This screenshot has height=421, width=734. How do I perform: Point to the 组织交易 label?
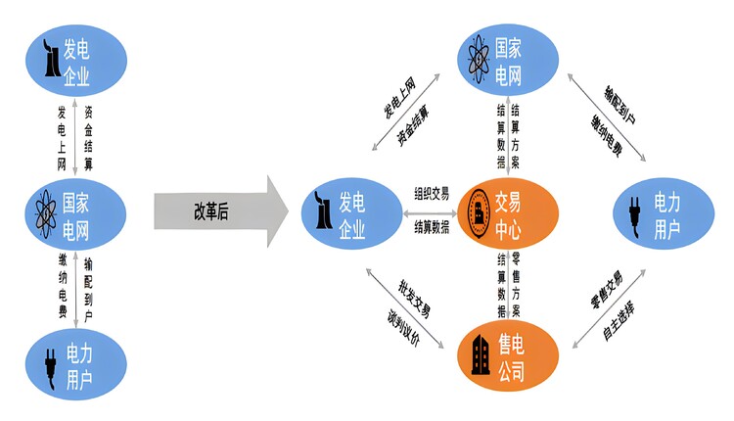point(431,194)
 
